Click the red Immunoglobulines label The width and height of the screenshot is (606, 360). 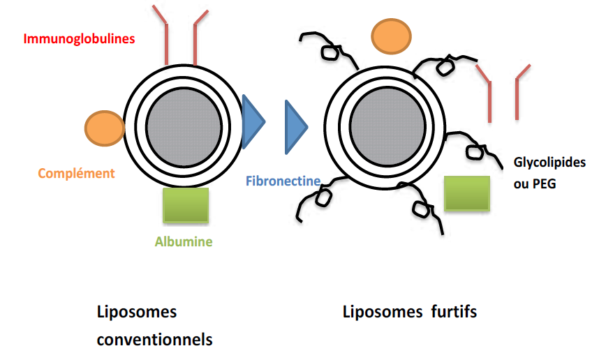(x=79, y=38)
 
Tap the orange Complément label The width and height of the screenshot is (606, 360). (x=76, y=173)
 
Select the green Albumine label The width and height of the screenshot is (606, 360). (x=184, y=243)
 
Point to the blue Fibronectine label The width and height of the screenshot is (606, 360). (x=283, y=181)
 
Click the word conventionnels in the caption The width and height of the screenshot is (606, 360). (x=154, y=340)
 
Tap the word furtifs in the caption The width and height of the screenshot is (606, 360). (x=453, y=312)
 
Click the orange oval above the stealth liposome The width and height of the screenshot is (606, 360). (x=391, y=36)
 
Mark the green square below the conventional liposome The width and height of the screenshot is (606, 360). (x=185, y=205)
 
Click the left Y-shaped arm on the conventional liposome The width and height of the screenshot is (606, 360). (x=166, y=38)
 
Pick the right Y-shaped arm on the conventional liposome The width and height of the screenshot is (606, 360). (x=195, y=38)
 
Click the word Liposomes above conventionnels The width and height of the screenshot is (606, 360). (x=137, y=312)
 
